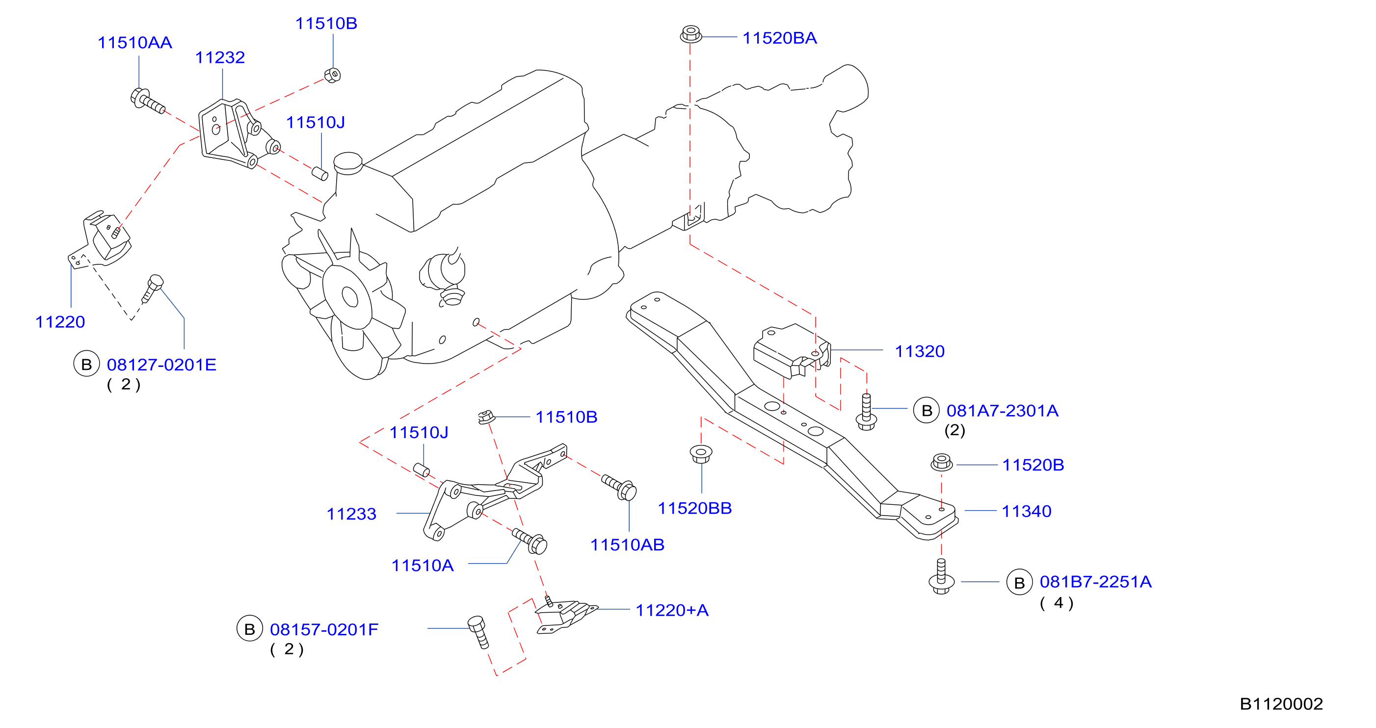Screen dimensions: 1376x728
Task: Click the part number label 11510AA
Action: [134, 43]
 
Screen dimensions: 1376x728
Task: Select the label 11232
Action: [219, 58]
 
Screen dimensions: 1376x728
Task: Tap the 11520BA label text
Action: [779, 38]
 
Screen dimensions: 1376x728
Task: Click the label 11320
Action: [919, 351]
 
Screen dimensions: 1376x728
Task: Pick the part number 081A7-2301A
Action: [1002, 411]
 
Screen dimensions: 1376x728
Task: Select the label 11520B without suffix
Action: [1033, 465]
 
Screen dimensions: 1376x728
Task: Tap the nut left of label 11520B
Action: [941, 462]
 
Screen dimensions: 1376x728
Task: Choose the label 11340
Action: [1026, 512]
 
